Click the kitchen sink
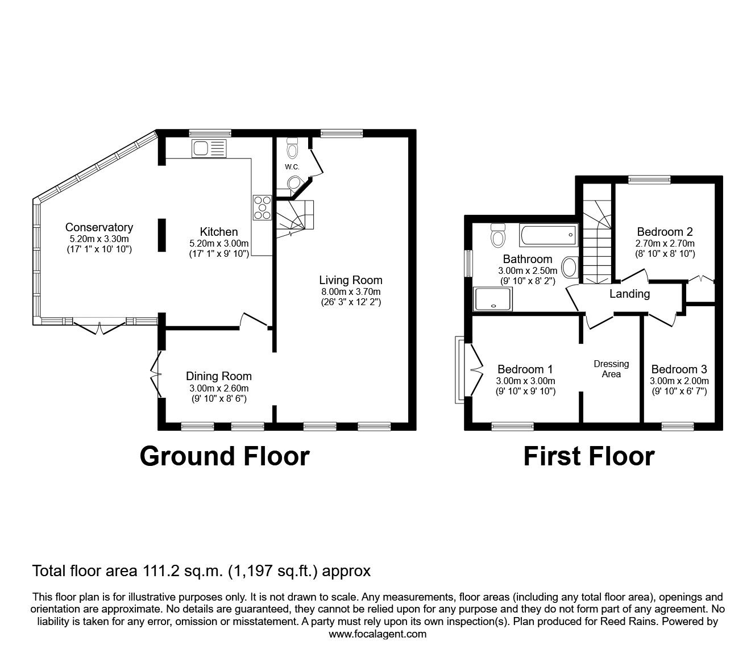[209, 148]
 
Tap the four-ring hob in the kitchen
[262, 207]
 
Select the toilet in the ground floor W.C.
[292, 148]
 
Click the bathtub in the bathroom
[549, 235]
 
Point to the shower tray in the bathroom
[492, 299]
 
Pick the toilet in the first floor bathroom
[498, 235]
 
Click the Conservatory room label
[99, 227]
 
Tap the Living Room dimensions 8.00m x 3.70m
[351, 291]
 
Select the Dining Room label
[219, 376]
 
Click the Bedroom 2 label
[665, 231]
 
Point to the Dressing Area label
[611, 369]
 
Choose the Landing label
[630, 294]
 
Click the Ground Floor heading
[225, 456]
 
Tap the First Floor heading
[589, 456]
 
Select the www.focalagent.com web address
[377, 634]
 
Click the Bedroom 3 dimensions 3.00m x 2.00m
[679, 381]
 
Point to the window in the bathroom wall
[468, 263]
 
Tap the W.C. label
[292, 167]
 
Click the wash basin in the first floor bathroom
[570, 267]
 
